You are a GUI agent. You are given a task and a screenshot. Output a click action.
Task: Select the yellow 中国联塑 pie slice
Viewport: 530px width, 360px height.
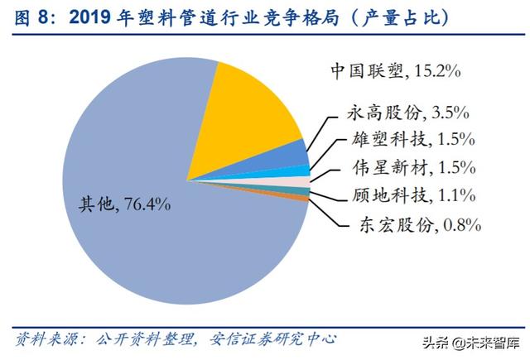(257, 108)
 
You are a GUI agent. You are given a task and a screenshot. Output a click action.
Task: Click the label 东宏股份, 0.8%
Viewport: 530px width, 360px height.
(419, 223)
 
